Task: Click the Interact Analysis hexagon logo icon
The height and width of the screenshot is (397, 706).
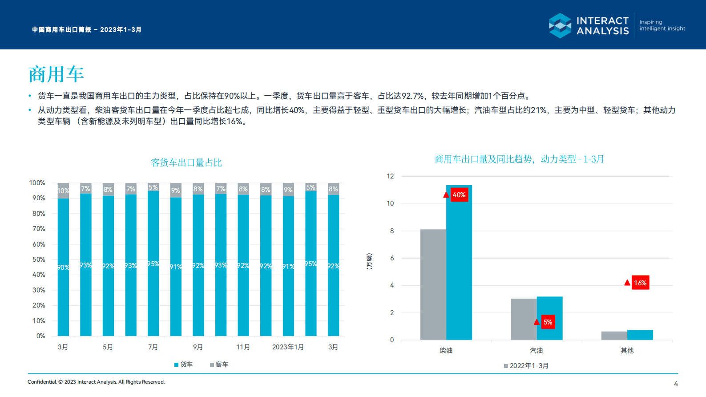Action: pyautogui.click(x=560, y=25)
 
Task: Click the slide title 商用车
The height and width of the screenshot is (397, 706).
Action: pyautogui.click(x=56, y=74)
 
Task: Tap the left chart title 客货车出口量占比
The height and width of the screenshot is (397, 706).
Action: pyautogui.click(x=186, y=163)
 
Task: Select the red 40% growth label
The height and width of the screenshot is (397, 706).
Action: pyautogui.click(x=459, y=195)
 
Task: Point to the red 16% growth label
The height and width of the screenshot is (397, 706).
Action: pyautogui.click(x=640, y=283)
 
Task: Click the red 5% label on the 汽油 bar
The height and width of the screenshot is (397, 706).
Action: pyautogui.click(x=548, y=322)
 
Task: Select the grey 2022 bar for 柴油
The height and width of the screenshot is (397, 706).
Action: pyautogui.click(x=433, y=285)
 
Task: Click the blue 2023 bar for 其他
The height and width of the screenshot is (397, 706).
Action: pyautogui.click(x=640, y=335)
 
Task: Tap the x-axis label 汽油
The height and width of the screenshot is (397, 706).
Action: pyautogui.click(x=536, y=351)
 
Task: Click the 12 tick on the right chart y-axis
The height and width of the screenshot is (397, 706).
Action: pyautogui.click(x=390, y=176)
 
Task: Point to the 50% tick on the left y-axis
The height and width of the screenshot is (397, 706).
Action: pyautogui.click(x=39, y=259)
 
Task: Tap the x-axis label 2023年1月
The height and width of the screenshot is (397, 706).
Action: pyautogui.click(x=288, y=347)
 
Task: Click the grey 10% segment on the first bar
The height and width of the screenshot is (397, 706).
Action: pyautogui.click(x=63, y=190)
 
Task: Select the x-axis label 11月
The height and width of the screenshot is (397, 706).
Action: pyautogui.click(x=243, y=347)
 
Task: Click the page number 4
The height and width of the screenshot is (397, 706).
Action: pyautogui.click(x=676, y=384)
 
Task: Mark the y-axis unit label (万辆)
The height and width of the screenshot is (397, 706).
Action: pyautogui.click(x=369, y=261)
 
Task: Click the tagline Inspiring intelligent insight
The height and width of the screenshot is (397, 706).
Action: pyautogui.click(x=662, y=25)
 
